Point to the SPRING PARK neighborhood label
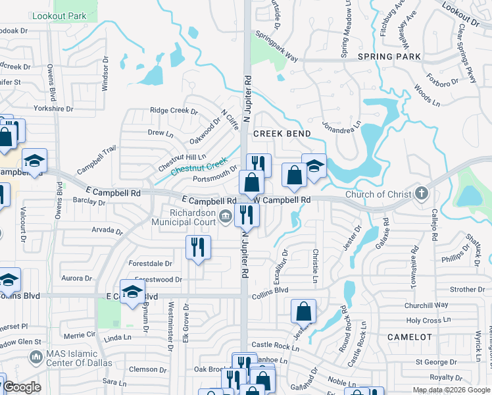389,57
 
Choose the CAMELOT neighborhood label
410,336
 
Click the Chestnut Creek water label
199,165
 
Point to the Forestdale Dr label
151,263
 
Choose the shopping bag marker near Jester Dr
303,311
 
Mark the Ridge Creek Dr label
174,111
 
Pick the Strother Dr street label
468,289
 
